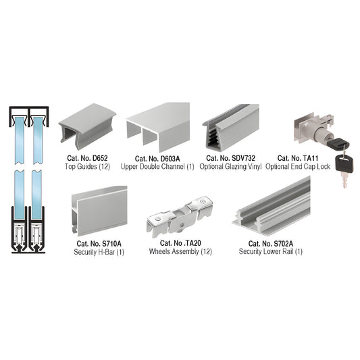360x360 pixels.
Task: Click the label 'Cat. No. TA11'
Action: pyautogui.click(x=298, y=157)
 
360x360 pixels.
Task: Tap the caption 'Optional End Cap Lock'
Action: pyautogui.click(x=298, y=165)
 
